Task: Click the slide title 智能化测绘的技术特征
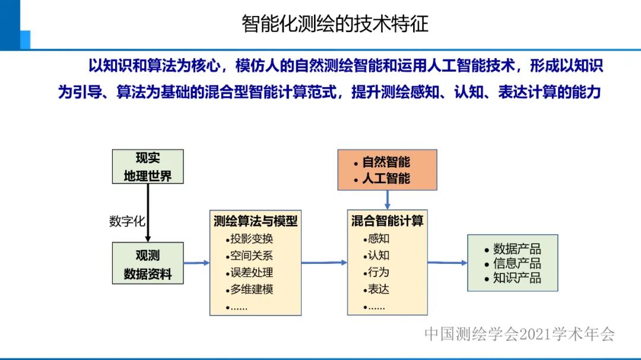tap(335, 24)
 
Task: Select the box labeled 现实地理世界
tap(148, 167)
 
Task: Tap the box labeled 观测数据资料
tap(148, 264)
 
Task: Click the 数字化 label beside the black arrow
tap(126, 221)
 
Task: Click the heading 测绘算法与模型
tap(255, 221)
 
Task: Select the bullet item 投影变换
tap(252, 239)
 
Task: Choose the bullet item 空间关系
tap(252, 256)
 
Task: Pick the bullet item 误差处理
tap(252, 273)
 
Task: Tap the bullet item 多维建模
tap(252, 290)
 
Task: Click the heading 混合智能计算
tap(387, 221)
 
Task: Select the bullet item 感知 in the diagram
tap(379, 239)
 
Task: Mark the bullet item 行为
tap(379, 273)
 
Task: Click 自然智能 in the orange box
tap(386, 163)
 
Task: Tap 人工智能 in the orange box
tap(386, 178)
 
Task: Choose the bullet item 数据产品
tap(517, 250)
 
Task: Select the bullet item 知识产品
tap(517, 278)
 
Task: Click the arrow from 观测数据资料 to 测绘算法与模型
tap(196, 263)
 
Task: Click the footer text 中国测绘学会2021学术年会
tap(519, 334)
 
